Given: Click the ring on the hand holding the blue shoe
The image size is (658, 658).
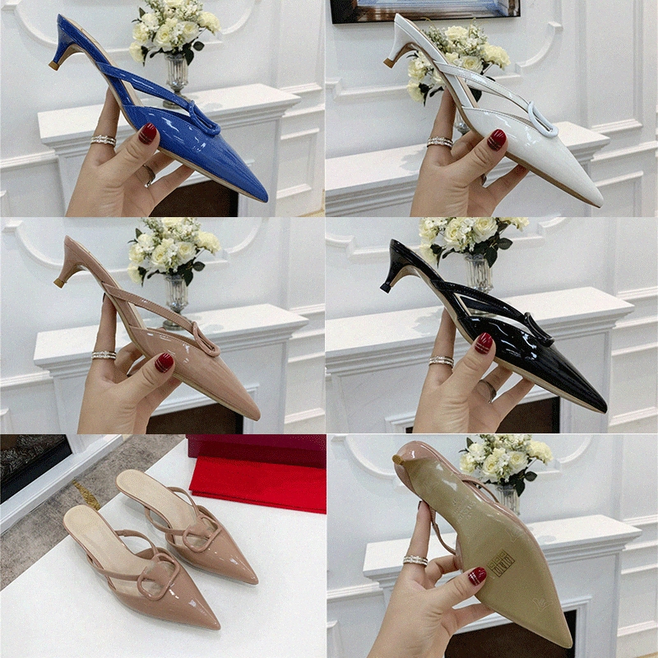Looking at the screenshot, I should pyautogui.click(x=104, y=141).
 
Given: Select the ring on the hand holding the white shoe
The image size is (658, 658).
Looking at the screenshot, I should pyautogui.click(x=440, y=142).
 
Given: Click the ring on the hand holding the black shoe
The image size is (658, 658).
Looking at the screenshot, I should pyautogui.click(x=442, y=360).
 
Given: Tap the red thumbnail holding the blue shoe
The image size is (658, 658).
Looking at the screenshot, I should pyautogui.click(x=147, y=133).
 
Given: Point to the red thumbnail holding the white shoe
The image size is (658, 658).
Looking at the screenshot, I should pyautogui.click(x=496, y=139).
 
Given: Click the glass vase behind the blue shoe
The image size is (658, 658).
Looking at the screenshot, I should pyautogui.click(x=176, y=74).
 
